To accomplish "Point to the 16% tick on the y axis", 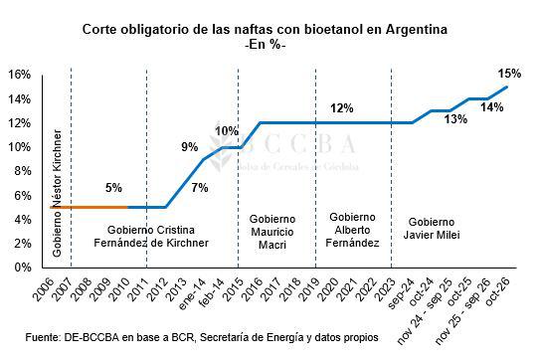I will (x=19, y=75).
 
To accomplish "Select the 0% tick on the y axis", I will (x=22, y=268).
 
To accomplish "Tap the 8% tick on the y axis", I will (x=22, y=171).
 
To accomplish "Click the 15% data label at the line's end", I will (x=509, y=73).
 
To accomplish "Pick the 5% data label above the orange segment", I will (x=113, y=188).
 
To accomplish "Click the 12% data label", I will (x=341, y=108).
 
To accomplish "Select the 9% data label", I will (x=190, y=148).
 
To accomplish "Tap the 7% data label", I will (x=200, y=188).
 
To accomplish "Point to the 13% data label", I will (x=456, y=119).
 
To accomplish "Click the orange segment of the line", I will (x=90, y=207).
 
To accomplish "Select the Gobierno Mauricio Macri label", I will (x=269, y=229).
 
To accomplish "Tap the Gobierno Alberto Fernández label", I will (x=352, y=229).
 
